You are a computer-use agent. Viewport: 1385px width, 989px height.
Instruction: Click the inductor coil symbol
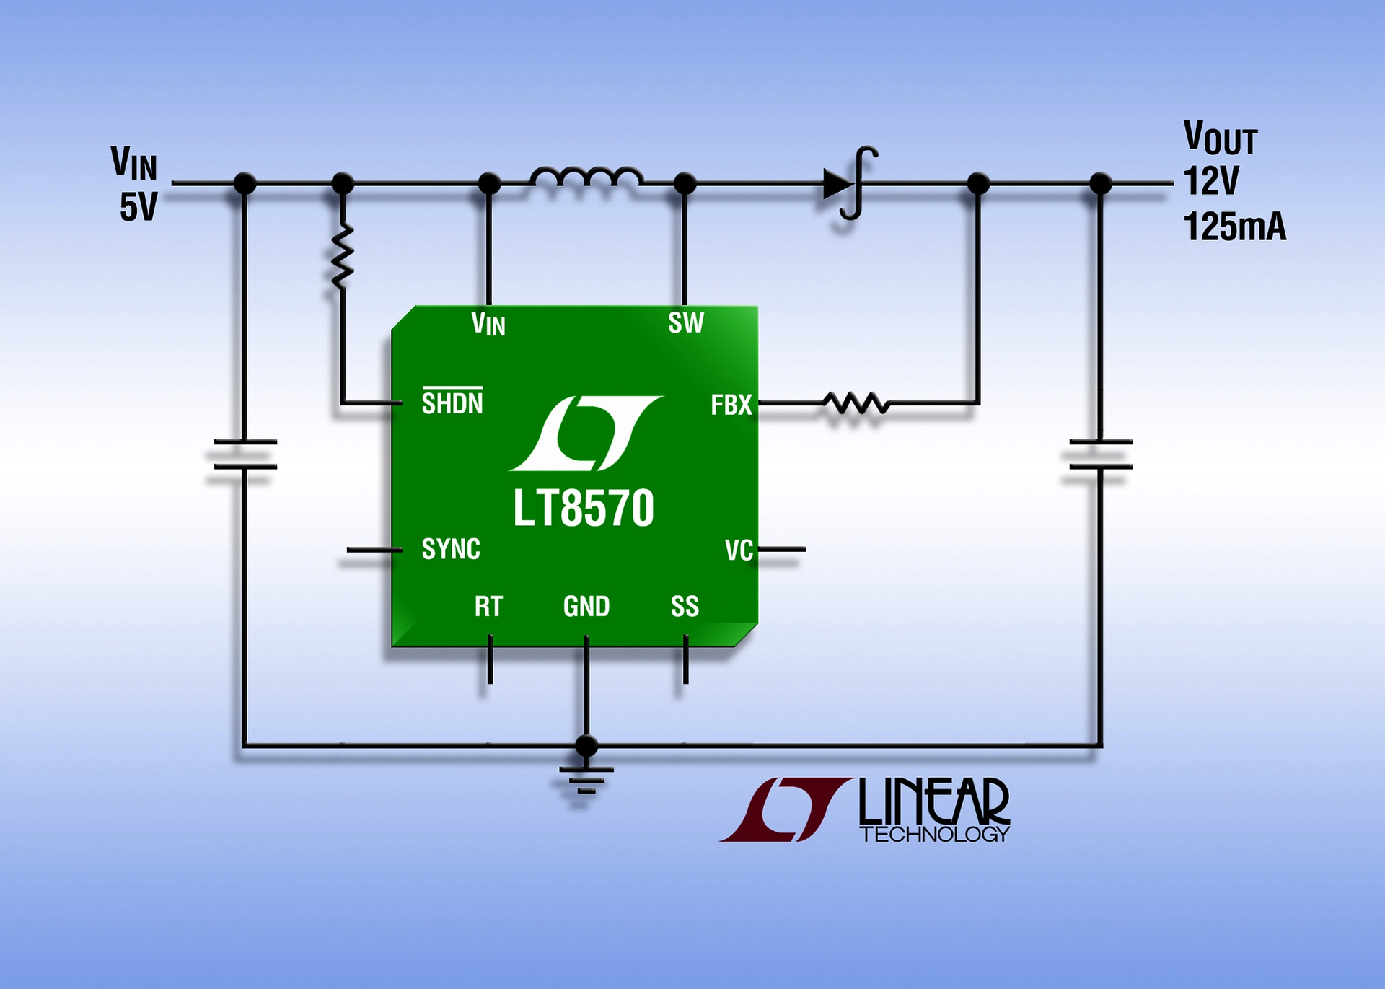click(586, 177)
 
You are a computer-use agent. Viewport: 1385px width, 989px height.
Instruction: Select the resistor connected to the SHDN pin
click(342, 255)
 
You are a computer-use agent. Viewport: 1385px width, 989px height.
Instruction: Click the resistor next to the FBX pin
click(856, 403)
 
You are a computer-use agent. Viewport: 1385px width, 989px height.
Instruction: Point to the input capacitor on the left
click(245, 454)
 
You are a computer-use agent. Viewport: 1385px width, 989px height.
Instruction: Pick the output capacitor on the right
click(1100, 454)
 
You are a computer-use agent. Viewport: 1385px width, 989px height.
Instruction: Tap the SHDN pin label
click(452, 403)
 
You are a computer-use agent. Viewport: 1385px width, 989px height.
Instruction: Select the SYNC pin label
click(451, 549)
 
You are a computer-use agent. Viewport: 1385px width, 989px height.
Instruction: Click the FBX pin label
click(731, 405)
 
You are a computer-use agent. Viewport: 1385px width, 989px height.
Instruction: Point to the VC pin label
click(739, 550)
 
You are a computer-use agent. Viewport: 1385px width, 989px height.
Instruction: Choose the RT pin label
click(488, 607)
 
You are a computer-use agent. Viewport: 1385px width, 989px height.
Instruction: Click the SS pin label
click(685, 607)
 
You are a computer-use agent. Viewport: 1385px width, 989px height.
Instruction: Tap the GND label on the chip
click(586, 607)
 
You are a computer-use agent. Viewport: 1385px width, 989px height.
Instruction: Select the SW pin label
click(685, 323)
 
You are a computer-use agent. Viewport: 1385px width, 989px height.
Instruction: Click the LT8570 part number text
click(583, 509)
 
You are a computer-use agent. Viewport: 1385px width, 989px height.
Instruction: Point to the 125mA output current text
click(1234, 227)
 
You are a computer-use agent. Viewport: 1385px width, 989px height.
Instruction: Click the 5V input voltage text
click(138, 208)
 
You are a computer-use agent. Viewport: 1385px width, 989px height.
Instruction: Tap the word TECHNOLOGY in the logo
click(934, 835)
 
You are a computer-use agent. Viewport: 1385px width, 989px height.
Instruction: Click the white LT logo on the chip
click(586, 433)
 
